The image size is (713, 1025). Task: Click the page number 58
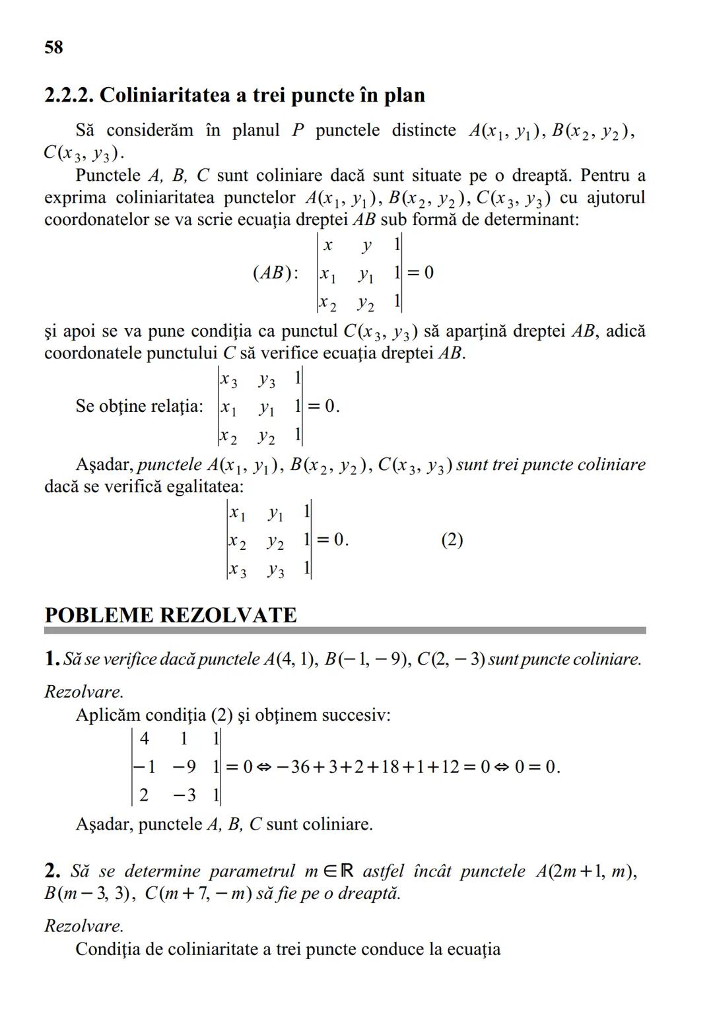(x=53, y=48)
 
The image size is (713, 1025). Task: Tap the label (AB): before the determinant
(x=275, y=273)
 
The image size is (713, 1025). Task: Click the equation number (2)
(x=452, y=540)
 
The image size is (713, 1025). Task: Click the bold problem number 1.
(x=52, y=659)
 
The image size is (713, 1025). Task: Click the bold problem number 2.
(x=52, y=871)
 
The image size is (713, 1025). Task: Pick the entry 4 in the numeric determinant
(x=145, y=739)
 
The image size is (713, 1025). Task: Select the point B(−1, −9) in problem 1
(x=367, y=659)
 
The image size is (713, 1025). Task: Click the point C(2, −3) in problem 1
(x=452, y=659)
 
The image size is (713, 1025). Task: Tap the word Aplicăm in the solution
(x=108, y=715)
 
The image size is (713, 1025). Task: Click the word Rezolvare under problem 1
(x=83, y=692)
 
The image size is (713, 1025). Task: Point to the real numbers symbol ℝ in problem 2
(x=347, y=871)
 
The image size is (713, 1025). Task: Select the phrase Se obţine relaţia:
(x=139, y=406)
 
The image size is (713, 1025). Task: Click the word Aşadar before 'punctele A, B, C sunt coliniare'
(x=104, y=824)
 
